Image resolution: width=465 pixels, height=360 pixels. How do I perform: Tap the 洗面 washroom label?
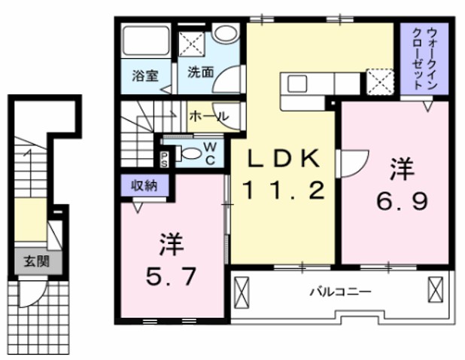coord(200,73)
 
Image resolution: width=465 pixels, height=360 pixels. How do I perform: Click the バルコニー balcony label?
coord(340,291)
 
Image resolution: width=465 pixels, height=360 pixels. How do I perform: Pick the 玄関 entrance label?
coord(32,261)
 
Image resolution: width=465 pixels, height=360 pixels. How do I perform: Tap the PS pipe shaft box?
coord(164,157)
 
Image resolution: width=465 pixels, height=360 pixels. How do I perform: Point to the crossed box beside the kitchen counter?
coord(376,80)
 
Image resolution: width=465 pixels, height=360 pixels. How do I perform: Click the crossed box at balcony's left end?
coord(243,290)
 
